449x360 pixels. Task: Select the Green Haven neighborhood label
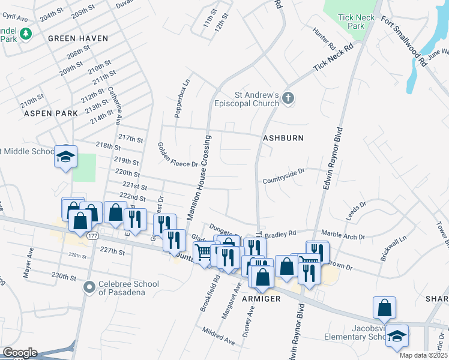78,38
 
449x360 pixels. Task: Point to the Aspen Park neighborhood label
51,113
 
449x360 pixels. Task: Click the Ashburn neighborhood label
283,138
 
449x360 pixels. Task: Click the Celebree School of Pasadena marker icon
89,287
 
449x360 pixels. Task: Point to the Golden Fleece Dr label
177,155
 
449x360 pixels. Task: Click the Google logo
19,353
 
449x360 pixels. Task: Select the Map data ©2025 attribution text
423,355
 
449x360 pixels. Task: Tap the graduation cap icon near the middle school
65,157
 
